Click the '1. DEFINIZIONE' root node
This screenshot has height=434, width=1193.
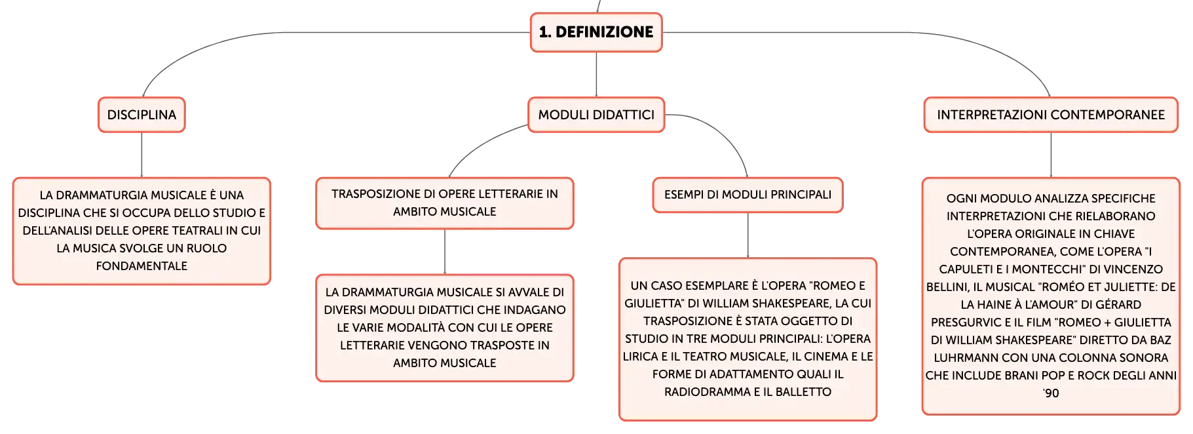[x=596, y=32]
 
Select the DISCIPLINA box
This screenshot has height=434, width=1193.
[x=142, y=115]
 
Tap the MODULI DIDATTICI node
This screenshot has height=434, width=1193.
[x=596, y=115]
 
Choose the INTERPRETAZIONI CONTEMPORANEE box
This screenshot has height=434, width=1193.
[x=1051, y=115]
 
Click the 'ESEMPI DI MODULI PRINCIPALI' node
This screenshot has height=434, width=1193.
[x=748, y=195]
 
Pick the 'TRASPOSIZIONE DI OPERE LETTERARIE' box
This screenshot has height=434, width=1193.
[x=445, y=203]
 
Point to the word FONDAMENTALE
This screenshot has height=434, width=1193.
[x=142, y=266]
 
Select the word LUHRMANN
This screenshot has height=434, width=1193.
[x=962, y=358]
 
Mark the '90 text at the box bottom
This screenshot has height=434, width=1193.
[x=1051, y=393]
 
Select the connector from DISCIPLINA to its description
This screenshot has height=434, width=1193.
[x=142, y=155]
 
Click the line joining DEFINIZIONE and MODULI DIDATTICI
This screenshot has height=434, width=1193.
[x=596, y=75]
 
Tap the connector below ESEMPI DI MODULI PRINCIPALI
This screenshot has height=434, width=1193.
[x=748, y=235]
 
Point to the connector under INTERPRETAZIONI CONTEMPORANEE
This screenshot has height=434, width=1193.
[x=1051, y=155]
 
